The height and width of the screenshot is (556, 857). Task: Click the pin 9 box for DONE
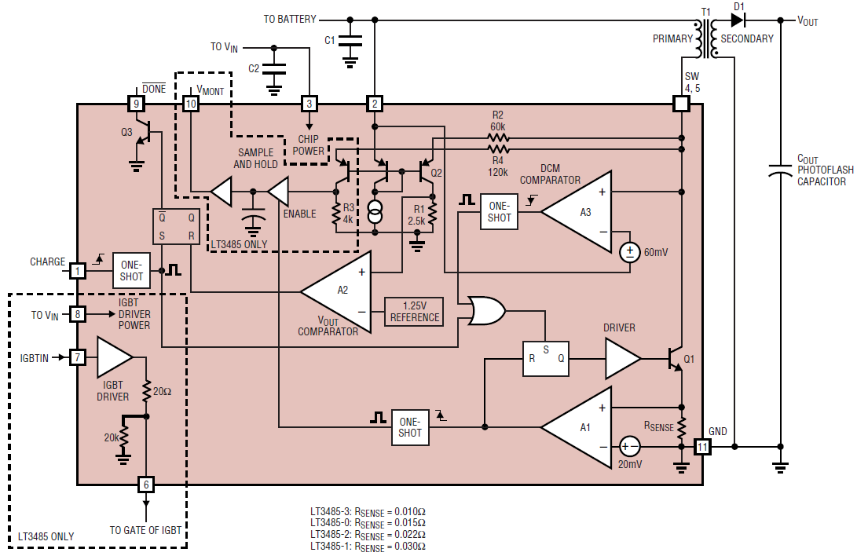point(135,103)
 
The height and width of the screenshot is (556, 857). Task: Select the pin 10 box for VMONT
point(190,103)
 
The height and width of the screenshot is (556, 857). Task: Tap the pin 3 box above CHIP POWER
point(309,103)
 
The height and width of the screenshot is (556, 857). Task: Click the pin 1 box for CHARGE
point(77,271)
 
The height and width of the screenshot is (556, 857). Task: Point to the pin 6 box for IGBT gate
point(145,484)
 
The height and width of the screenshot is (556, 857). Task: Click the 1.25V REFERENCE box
point(413,312)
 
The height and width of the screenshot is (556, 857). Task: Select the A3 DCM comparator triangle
point(581,212)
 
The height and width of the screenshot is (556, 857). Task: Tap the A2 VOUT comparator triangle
point(340,291)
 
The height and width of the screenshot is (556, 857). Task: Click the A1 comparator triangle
point(580,428)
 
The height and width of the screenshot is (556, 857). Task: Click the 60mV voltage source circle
point(630,253)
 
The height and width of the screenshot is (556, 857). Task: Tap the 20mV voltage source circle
point(629,446)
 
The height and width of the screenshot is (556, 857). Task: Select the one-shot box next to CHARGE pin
point(132,271)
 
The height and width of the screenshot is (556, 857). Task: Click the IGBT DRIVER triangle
point(114,358)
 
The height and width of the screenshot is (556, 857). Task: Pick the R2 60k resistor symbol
point(498,138)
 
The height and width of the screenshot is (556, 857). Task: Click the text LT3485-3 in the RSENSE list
point(331,511)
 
